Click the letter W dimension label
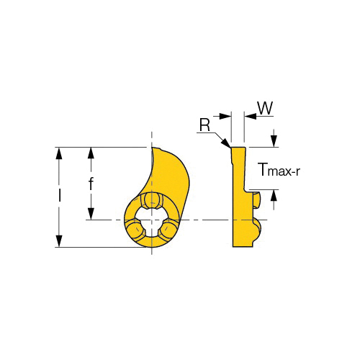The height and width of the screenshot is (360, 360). click(266, 108)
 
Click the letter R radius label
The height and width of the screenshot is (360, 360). click(204, 125)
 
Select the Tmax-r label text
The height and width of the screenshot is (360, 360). click(280, 170)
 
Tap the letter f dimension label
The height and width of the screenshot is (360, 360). click(91, 184)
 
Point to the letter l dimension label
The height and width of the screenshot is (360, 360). click(59, 195)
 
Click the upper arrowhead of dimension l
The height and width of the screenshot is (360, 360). click(59, 153)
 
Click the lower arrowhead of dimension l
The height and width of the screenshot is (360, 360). click(59, 241)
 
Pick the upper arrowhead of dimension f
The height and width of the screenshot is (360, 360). click(91, 153)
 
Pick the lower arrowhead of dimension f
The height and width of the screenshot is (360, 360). click(91, 214)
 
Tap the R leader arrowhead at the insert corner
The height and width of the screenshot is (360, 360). click(226, 143)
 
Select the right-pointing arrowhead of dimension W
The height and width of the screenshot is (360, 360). click(225, 117)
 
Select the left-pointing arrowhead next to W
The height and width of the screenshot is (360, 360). click(250, 117)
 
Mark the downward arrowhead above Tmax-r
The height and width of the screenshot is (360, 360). click(274, 141)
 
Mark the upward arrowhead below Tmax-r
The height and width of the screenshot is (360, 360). click(274, 196)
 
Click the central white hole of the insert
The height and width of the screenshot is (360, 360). click(151, 222)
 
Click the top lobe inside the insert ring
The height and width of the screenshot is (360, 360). click(151, 200)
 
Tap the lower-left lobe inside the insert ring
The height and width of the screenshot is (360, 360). click(135, 229)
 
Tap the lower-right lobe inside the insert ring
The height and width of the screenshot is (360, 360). click(168, 229)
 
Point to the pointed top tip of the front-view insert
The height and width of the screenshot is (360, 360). click(152, 148)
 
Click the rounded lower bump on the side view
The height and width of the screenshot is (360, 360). click(257, 230)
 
